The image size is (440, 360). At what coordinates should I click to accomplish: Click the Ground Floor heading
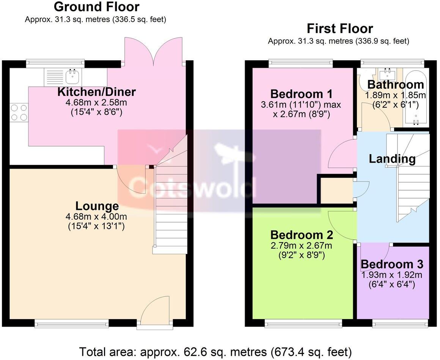[x=96, y=7]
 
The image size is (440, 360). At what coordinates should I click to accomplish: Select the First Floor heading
[x=339, y=28]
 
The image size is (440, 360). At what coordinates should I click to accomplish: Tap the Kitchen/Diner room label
[x=96, y=92]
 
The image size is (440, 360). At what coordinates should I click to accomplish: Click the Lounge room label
[x=97, y=207]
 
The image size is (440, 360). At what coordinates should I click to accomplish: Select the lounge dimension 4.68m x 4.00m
[x=96, y=217]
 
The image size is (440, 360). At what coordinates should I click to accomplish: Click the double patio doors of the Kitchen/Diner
[x=153, y=51]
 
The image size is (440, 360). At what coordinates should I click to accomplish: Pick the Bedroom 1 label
[x=302, y=94]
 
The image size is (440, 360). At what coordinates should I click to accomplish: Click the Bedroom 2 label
[x=302, y=235]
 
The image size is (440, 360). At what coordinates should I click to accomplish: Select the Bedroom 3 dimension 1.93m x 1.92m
[x=391, y=275]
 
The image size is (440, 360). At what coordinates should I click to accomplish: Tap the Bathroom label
[x=396, y=85]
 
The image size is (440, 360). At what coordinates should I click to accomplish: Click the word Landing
[x=392, y=159]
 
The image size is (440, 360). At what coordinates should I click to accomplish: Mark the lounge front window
[x=72, y=323]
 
